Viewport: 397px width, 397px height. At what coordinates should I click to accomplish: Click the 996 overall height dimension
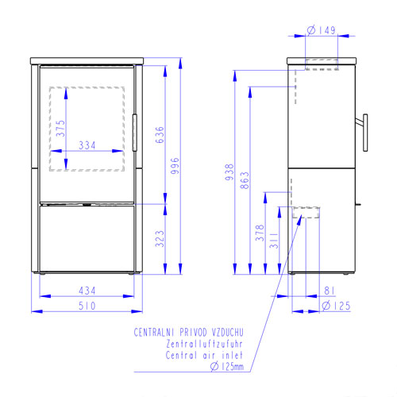click(x=175, y=166)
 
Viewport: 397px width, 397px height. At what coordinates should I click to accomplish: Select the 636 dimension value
click(x=160, y=135)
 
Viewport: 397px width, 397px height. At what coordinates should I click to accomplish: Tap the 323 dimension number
click(x=160, y=239)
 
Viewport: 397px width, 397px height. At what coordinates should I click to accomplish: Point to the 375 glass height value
click(x=60, y=129)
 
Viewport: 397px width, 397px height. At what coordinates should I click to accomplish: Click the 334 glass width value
click(x=87, y=145)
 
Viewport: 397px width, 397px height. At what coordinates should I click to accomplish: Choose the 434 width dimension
click(x=87, y=291)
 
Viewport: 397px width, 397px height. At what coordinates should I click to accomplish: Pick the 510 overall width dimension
click(x=87, y=306)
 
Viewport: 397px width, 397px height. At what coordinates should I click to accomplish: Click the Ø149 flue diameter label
click(x=322, y=30)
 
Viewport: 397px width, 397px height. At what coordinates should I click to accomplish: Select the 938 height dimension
click(x=229, y=172)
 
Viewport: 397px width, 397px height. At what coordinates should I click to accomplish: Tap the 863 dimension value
click(x=245, y=180)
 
